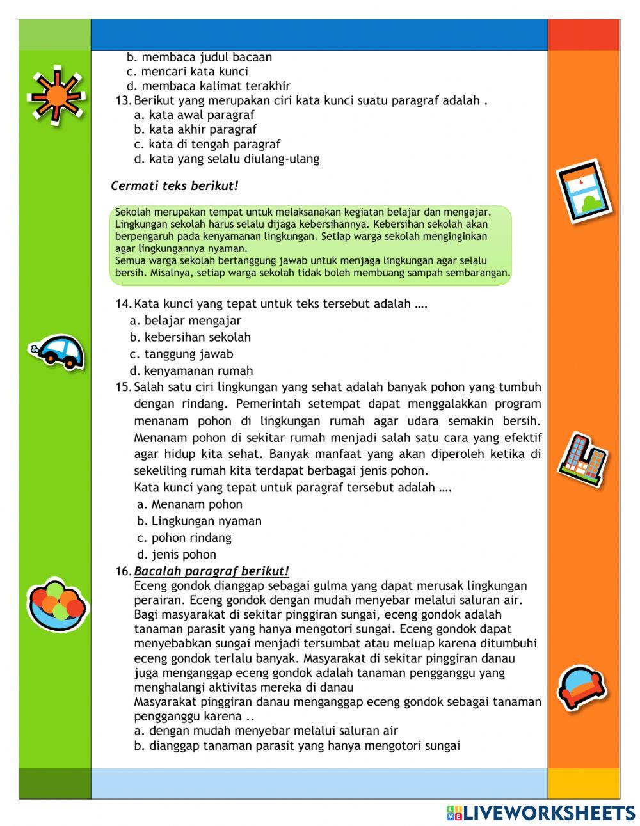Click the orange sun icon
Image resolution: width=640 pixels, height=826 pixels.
pyautogui.click(x=56, y=96)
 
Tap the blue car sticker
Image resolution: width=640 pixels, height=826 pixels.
pyautogui.click(x=57, y=351)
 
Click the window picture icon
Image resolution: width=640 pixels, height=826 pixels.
pyautogui.click(x=583, y=191)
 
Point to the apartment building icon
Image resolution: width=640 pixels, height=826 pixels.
pyautogui.click(x=582, y=459)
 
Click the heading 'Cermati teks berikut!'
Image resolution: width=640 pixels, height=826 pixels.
pyautogui.click(x=174, y=186)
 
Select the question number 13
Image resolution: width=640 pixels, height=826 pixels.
pyautogui.click(x=123, y=100)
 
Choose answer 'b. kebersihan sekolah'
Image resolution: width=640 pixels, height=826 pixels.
pyautogui.click(x=190, y=337)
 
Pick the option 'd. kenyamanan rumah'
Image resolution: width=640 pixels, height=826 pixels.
pyautogui.click(x=191, y=370)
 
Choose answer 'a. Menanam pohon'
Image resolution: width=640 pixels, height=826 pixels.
pyautogui.click(x=189, y=504)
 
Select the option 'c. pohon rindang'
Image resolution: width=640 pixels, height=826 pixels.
pyautogui.click(x=184, y=537)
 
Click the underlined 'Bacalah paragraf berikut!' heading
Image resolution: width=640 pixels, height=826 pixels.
pyautogui.click(x=211, y=571)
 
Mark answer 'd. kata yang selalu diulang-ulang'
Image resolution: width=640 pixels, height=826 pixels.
pyautogui.click(x=227, y=159)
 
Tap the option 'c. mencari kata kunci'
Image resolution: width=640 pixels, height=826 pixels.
pyautogui.click(x=188, y=72)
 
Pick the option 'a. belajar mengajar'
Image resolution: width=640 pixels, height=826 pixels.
pyautogui.click(x=185, y=321)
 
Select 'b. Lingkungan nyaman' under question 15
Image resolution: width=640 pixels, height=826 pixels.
pyautogui.click(x=199, y=521)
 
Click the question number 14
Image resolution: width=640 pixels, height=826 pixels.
pyautogui.click(x=123, y=304)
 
